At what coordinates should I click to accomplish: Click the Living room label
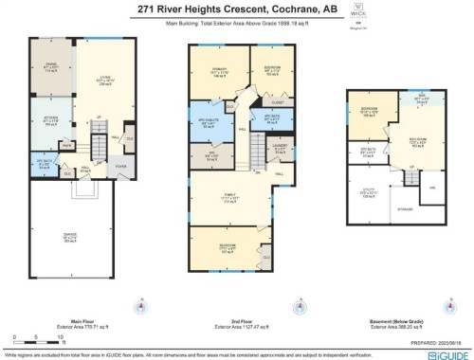click(x=92, y=81)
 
